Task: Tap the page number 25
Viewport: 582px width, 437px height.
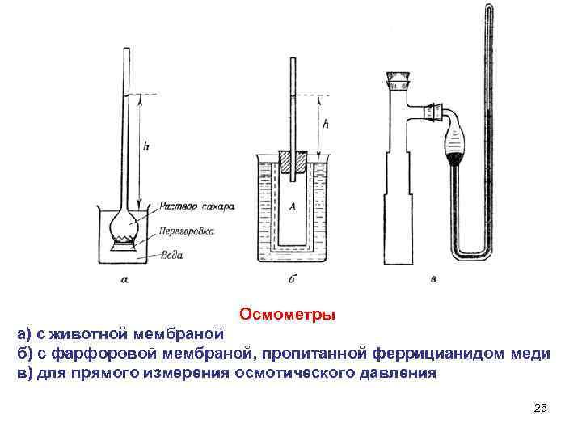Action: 541,407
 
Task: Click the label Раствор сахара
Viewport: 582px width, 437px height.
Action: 196,206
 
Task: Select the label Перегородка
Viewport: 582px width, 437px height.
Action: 187,231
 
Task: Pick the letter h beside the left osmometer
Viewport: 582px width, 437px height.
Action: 145,146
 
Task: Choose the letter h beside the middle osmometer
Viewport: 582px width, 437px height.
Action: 326,125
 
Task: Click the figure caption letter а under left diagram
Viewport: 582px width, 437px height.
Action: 124,280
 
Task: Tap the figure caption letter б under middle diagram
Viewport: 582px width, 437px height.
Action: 291,280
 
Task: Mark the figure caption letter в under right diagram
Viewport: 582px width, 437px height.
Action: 434,280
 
